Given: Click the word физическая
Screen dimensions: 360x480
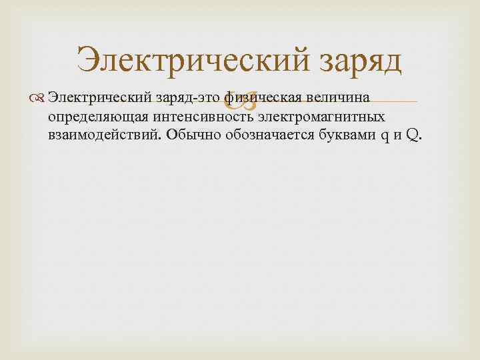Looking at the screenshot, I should pos(264,99).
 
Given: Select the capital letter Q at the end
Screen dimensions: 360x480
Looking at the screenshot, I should pos(411,136).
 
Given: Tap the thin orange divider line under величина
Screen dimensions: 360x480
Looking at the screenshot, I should pos(400,103).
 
